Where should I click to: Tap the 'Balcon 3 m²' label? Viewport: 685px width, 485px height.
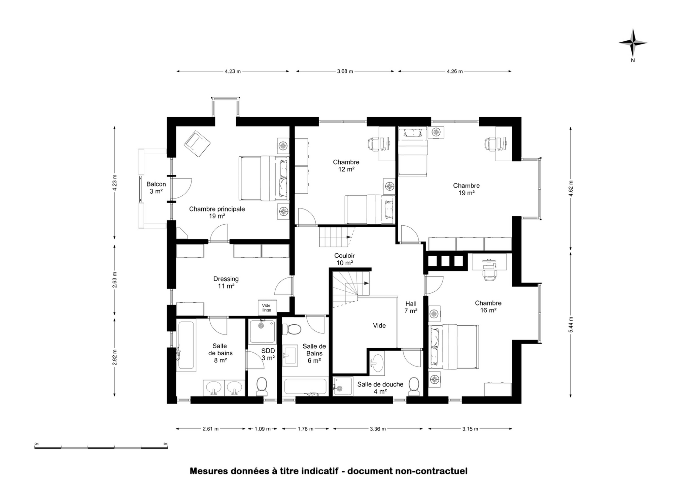[x=156, y=188]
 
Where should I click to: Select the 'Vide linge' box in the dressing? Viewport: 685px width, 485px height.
[x=267, y=308]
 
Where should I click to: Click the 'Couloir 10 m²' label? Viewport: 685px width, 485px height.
[x=344, y=259]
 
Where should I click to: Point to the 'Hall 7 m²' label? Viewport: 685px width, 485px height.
[x=411, y=307]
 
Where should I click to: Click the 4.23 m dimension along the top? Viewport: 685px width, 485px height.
[x=233, y=71]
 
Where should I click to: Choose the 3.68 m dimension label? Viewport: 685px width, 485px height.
[x=345, y=71]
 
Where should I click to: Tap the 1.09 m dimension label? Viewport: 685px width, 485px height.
[x=263, y=429]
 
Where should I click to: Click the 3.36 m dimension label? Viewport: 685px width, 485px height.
[x=378, y=429]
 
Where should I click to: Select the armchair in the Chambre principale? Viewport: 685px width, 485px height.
[x=197, y=144]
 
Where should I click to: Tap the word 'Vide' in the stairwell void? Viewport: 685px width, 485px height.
[x=379, y=326]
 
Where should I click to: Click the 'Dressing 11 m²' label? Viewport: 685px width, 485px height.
[x=226, y=282]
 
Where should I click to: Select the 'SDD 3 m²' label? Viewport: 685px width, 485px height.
[x=268, y=354]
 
